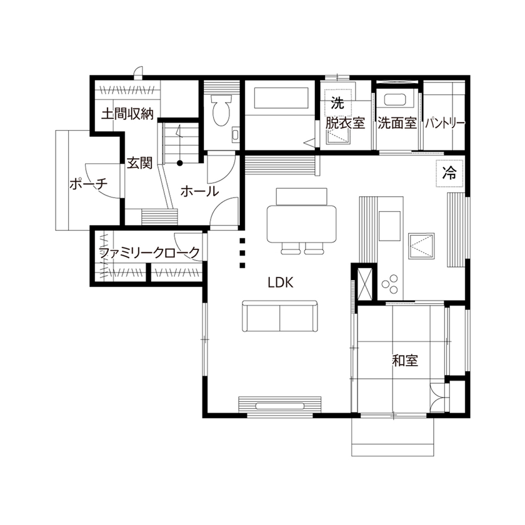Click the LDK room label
tap(281, 282)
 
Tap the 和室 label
tap(405, 361)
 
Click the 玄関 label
tap(139, 164)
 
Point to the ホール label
tap(199, 191)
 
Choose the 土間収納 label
tap(127, 114)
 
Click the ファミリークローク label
tap(150, 252)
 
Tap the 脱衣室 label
tap(344, 123)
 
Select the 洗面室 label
tap(397, 123)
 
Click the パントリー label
tap(445, 123)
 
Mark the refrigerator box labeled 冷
tap(449, 173)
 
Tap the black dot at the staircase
tap(180, 164)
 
